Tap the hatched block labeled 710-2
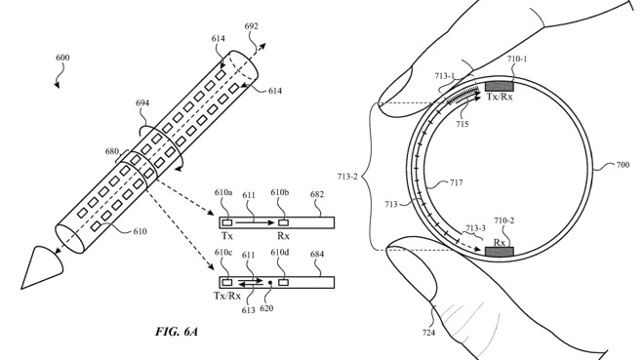501,252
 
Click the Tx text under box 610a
227,235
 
